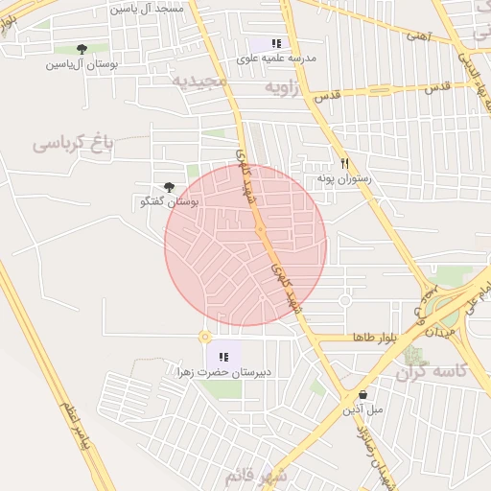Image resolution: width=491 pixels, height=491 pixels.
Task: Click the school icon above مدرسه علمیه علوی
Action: [277, 43]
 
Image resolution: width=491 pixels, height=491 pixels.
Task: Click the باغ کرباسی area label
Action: [73, 143]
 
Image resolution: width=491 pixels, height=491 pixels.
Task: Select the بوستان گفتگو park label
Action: [169, 202]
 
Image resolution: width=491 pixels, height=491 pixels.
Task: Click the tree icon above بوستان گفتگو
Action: [170, 187]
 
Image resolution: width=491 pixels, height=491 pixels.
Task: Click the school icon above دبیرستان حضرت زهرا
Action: [223, 357]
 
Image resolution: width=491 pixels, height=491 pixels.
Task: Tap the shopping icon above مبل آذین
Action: [362, 394]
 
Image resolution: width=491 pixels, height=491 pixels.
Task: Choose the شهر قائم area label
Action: [256, 476]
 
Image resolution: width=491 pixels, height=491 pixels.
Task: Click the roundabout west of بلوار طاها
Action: [204, 337]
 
